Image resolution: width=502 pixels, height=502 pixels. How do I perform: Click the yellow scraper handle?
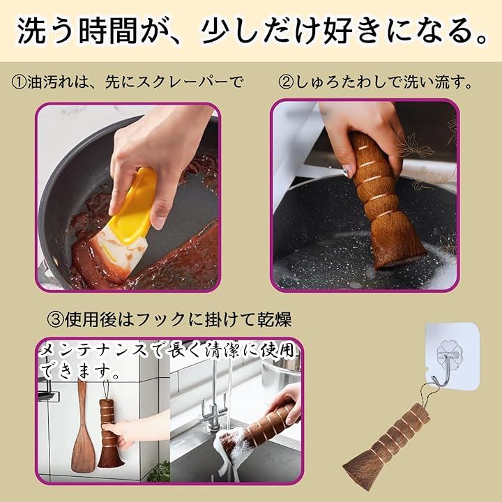click(135, 205)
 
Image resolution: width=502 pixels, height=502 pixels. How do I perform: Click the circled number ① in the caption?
click(19, 82)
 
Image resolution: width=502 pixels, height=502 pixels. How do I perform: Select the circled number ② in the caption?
click(286, 82)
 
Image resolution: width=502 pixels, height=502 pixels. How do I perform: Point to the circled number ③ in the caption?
click(55, 319)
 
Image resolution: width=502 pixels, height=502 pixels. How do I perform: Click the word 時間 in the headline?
click(108, 31)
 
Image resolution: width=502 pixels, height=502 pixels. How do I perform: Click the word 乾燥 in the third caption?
click(275, 319)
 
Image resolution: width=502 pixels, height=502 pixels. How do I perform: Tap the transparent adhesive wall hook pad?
click(452, 355)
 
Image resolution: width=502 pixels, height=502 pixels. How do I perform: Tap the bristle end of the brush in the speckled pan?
click(399, 243)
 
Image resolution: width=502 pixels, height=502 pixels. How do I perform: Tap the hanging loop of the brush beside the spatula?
click(105, 389)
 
